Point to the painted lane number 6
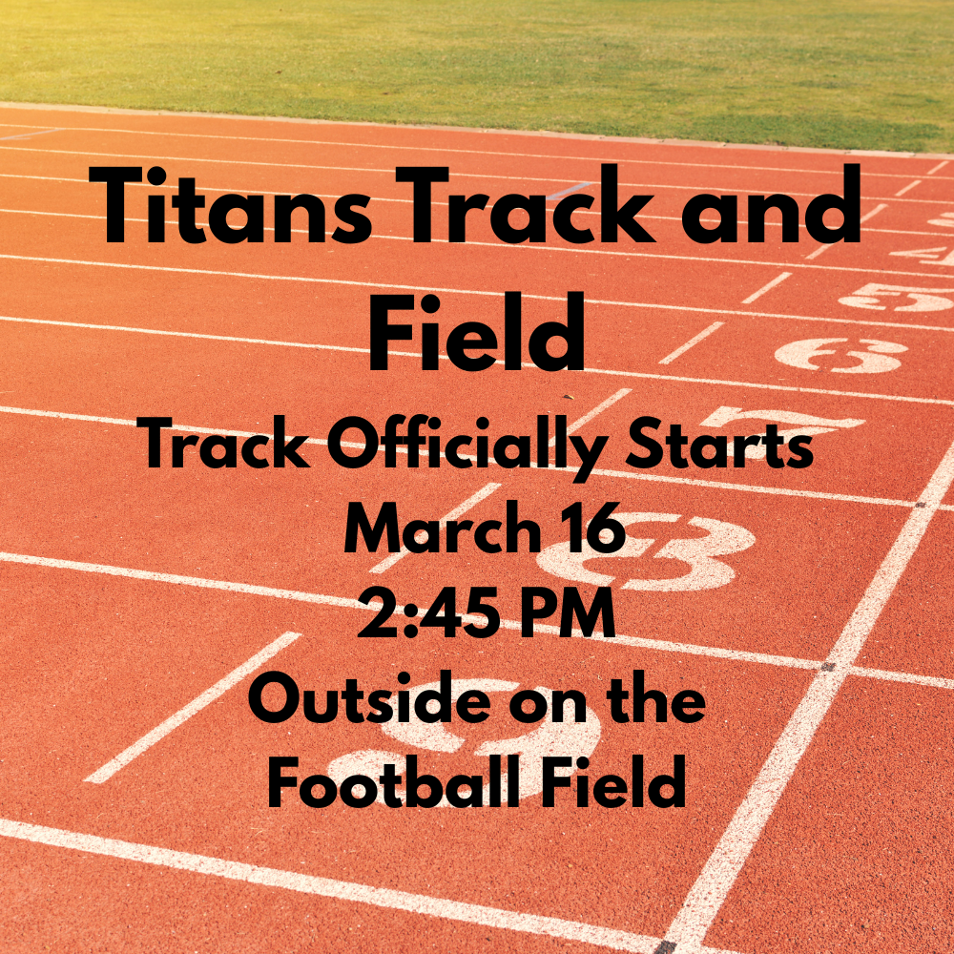840,356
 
